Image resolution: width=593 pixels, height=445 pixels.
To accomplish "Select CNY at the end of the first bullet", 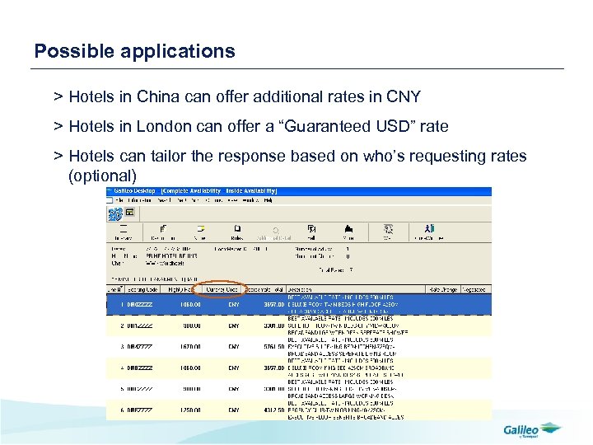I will tap(403, 97).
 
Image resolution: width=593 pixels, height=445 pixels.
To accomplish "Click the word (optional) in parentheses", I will tap(102, 176).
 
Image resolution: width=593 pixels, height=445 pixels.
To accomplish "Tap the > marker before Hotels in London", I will tap(58, 127).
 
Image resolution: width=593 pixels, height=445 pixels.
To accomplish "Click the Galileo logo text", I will tap(521, 429).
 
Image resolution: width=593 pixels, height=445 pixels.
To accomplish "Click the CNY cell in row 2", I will tap(234, 326).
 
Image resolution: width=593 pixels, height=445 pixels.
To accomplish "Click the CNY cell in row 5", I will tap(234, 389).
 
